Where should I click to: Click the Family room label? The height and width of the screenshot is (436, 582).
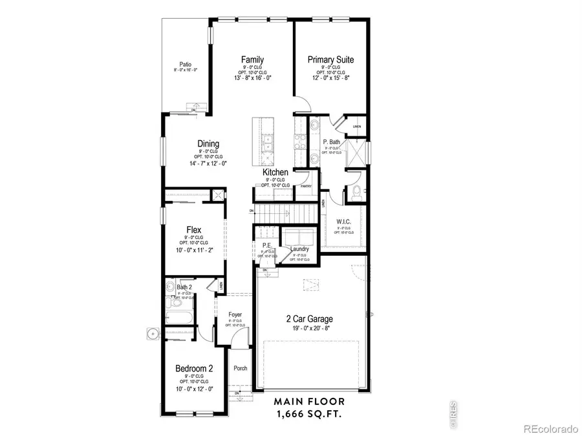click(x=252, y=59)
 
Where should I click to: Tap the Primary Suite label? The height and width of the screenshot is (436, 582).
click(x=330, y=59)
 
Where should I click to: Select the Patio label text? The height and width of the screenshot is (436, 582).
click(x=186, y=64)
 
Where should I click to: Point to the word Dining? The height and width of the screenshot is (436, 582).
click(x=208, y=144)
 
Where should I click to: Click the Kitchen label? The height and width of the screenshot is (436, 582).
click(x=275, y=172)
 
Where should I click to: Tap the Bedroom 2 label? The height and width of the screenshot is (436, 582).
click(x=194, y=369)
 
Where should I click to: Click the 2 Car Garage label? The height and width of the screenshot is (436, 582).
click(x=310, y=318)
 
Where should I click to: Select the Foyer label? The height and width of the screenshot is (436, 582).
click(x=235, y=315)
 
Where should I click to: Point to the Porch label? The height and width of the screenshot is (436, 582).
click(x=240, y=369)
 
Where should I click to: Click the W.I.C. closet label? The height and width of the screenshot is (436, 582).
click(x=343, y=222)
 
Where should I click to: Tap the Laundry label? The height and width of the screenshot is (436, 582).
click(x=299, y=249)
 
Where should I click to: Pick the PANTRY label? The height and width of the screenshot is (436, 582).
click(x=306, y=187)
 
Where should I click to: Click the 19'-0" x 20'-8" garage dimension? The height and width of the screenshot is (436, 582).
click(x=310, y=328)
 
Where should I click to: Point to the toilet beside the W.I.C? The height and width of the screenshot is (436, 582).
click(x=356, y=191)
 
